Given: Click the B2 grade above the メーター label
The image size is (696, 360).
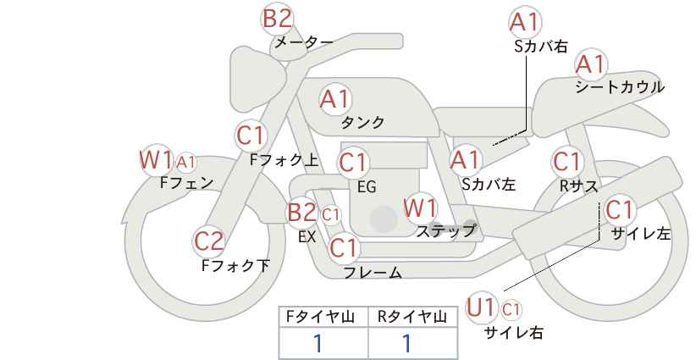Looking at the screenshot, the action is click(x=278, y=19).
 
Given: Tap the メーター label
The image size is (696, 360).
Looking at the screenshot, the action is click(x=304, y=42).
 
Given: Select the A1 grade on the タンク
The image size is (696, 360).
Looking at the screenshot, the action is click(x=335, y=99).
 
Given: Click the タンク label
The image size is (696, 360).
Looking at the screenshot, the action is click(x=362, y=122).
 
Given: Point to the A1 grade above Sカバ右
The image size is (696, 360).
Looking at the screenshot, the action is click(x=525, y=22).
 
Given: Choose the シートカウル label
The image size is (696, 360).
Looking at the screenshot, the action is click(x=620, y=86).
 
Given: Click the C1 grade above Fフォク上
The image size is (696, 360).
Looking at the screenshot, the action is click(x=251, y=136).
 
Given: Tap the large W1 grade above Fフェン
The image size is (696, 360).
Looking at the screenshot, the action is click(x=156, y=160).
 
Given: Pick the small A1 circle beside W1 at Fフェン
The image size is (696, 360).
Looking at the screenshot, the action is click(x=186, y=163).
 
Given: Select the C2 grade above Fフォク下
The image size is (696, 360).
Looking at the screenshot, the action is click(x=208, y=241).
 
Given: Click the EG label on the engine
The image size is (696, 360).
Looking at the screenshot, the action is click(x=367, y=187).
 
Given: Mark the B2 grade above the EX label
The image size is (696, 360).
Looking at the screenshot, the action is click(x=301, y=212).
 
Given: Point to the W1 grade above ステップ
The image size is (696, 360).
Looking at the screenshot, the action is click(x=420, y=208).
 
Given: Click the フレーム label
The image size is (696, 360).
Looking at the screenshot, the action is click(x=373, y=273).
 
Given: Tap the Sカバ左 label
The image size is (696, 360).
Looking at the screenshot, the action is click(x=489, y=184).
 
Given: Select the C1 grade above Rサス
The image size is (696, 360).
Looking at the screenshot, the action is click(x=566, y=162).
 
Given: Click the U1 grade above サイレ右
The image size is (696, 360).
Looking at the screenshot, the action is click(x=481, y=307).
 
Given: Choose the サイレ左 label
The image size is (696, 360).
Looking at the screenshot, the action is click(x=640, y=234).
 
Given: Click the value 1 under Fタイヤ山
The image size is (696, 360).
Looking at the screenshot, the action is click(x=318, y=344).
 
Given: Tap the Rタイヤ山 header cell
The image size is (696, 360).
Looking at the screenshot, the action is click(x=412, y=317).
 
